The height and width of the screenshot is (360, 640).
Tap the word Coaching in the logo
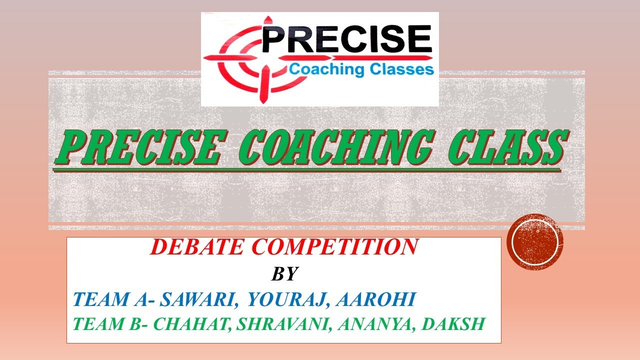(x=323, y=69)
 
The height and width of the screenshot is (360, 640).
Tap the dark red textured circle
(x=535, y=241)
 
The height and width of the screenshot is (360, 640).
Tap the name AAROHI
(x=375, y=299)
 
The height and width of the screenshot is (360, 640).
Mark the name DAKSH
(x=453, y=324)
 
